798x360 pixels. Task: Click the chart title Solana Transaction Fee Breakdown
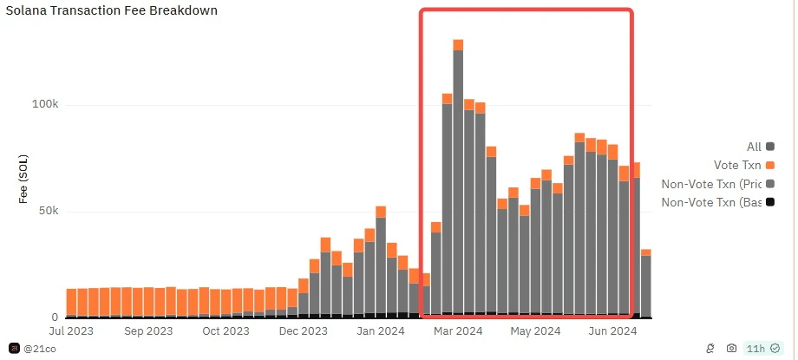pos(112,11)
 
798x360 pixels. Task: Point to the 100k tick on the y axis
pos(44,105)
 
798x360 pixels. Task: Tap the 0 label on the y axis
pos(54,317)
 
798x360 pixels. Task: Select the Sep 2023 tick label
pos(148,331)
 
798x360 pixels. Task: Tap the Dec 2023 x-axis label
pos(304,331)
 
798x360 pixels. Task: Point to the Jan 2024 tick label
pos(380,331)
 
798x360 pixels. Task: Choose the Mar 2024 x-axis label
pos(457,331)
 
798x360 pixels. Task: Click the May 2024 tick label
pos(534,331)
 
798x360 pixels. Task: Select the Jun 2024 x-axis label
pos(612,331)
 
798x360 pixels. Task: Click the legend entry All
pos(754,147)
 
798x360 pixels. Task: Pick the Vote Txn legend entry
pos(736,165)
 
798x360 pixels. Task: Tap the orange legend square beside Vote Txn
pos(770,165)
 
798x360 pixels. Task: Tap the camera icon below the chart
pos(731,348)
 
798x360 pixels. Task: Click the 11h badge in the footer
pos(756,348)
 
